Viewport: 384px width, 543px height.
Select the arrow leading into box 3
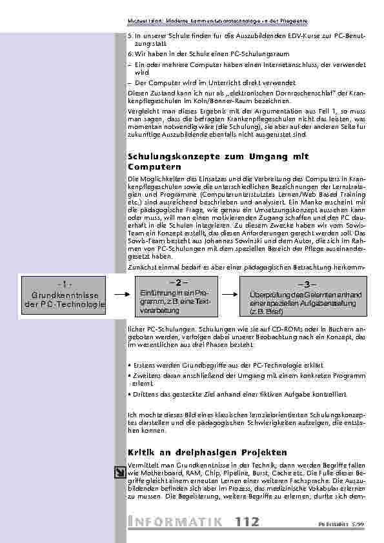(x=230, y=295)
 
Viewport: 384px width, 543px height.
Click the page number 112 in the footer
(x=248, y=521)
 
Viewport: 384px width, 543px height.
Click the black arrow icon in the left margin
(x=119, y=473)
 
